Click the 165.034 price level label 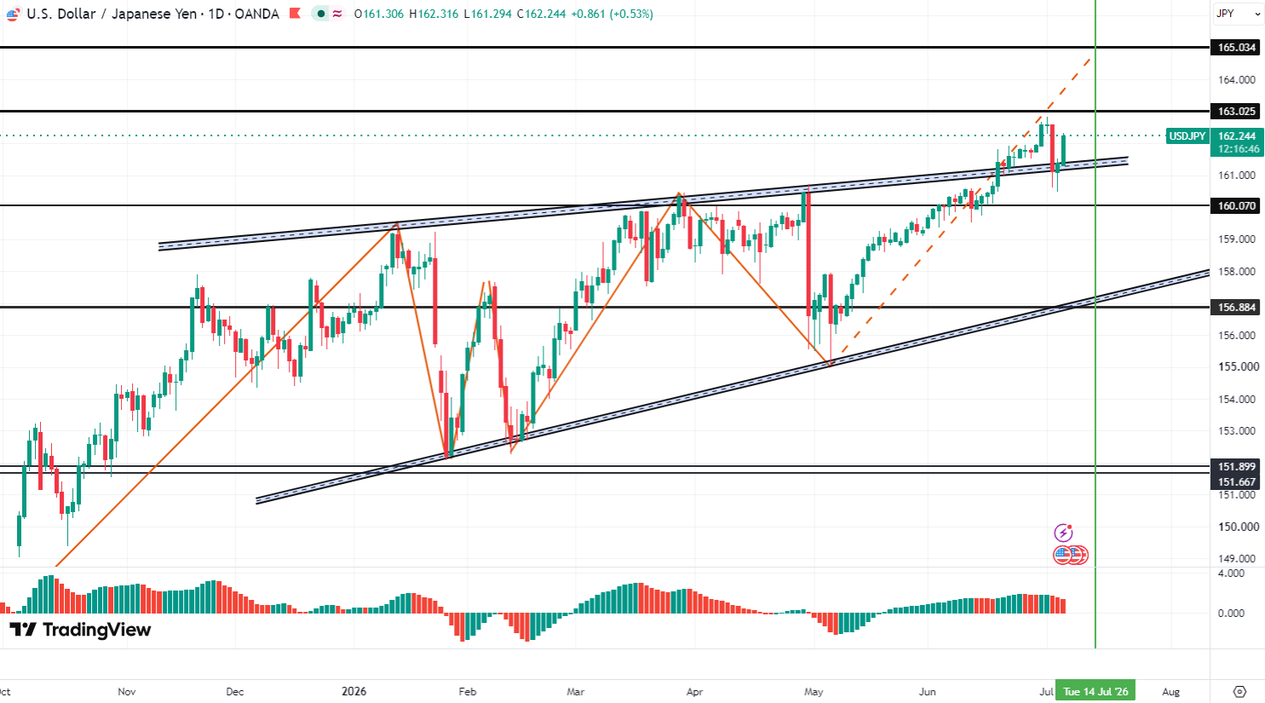pyautogui.click(x=1235, y=48)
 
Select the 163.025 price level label pyautogui.click(x=1235, y=112)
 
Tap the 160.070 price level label pyautogui.click(x=1235, y=205)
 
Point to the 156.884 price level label pyautogui.click(x=1235, y=308)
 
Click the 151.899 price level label pyautogui.click(x=1235, y=467)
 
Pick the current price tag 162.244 pyautogui.click(x=1235, y=136)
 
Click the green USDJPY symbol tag pyautogui.click(x=1187, y=136)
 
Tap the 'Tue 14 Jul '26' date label pyautogui.click(x=1095, y=692)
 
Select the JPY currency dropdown pyautogui.click(x=1237, y=14)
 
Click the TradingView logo pyautogui.click(x=80, y=630)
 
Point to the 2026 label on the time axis pyautogui.click(x=354, y=692)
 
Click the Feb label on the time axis pyautogui.click(x=468, y=692)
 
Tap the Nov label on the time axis pyautogui.click(x=127, y=692)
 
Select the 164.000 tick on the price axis pyautogui.click(x=1236, y=80)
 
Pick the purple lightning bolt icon pyautogui.click(x=1063, y=533)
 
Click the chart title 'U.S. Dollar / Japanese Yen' pyautogui.click(x=112, y=14)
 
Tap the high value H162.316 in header pyautogui.click(x=434, y=14)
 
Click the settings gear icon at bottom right pyautogui.click(x=1239, y=692)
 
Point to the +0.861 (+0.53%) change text pyautogui.click(x=612, y=14)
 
